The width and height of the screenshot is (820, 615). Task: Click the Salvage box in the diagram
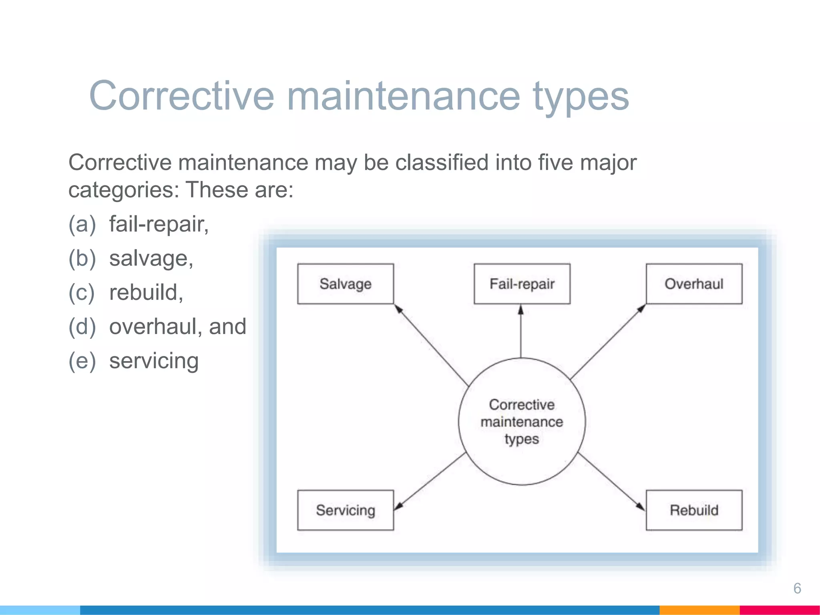click(x=345, y=284)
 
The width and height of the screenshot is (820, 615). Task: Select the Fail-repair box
click(x=522, y=284)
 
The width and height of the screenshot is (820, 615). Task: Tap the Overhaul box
click(x=694, y=284)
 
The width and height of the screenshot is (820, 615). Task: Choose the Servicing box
click(x=345, y=510)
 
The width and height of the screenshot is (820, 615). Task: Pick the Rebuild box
click(x=694, y=510)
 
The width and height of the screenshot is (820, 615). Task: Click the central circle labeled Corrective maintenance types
click(x=522, y=422)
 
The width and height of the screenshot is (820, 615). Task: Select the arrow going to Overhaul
click(x=608, y=342)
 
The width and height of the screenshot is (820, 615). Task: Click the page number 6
click(x=797, y=588)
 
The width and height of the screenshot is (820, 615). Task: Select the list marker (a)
click(x=82, y=224)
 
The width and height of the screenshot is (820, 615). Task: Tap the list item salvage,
click(x=151, y=258)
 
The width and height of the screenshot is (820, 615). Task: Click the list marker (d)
click(x=82, y=326)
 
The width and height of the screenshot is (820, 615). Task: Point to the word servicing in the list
click(x=154, y=361)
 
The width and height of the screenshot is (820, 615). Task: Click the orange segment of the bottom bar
click(x=699, y=610)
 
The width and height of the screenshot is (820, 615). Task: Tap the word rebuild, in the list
click(x=146, y=292)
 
